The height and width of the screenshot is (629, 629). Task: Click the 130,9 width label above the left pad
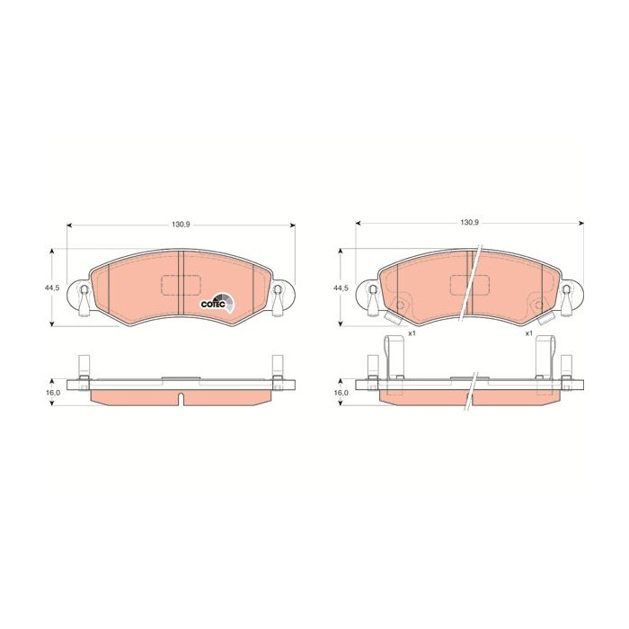coord(181,225)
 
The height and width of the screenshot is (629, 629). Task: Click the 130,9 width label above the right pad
coord(469,222)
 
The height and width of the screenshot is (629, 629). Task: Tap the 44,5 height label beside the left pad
coord(50,288)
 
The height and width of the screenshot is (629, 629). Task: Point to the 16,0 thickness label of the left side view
coord(52,393)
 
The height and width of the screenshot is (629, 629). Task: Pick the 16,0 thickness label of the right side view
coord(341,393)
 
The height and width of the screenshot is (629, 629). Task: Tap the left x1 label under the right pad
coord(412,333)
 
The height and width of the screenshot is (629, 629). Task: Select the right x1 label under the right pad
coord(528,333)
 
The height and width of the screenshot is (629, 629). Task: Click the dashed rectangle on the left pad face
coord(181,285)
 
